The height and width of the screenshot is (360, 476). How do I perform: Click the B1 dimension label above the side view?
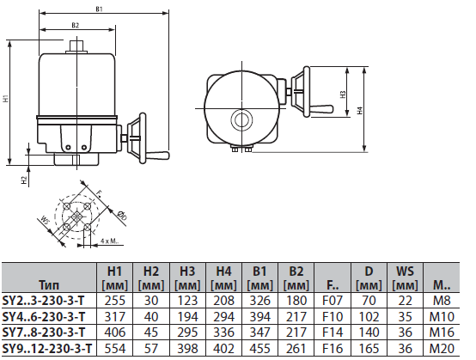[x=100, y=10]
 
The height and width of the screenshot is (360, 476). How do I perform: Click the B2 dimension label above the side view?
[x=75, y=26]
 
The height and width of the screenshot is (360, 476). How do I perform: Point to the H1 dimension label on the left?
[x=8, y=98]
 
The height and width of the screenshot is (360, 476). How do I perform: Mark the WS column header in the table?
[x=403, y=270]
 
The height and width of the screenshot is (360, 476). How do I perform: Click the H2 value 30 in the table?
[x=151, y=300]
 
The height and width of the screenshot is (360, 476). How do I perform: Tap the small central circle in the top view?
[x=241, y=118]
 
